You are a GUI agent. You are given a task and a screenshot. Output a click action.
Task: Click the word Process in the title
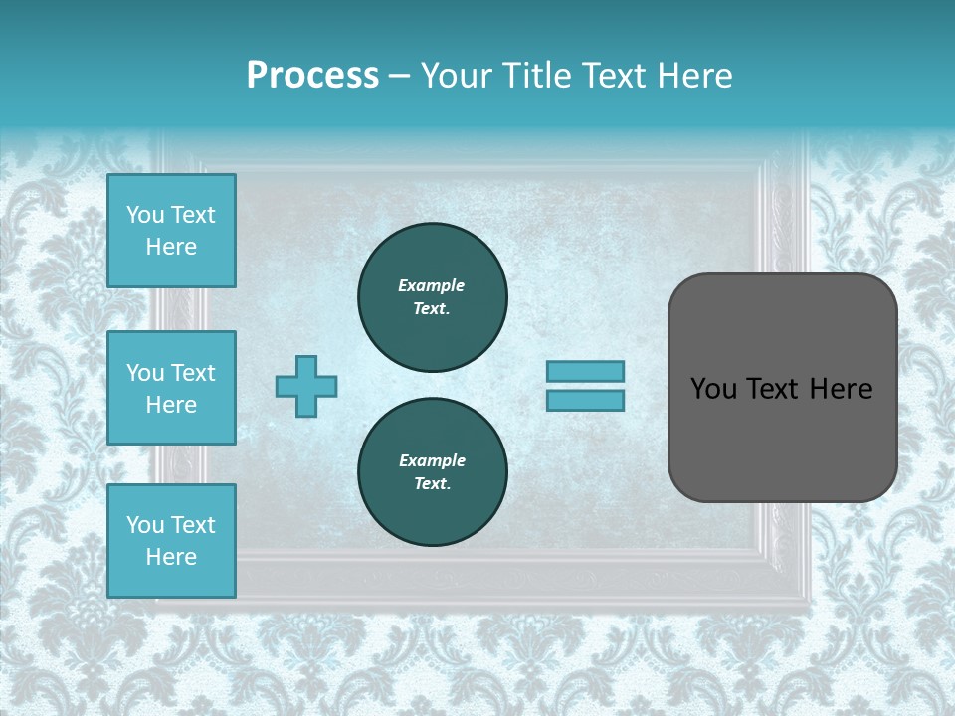312,76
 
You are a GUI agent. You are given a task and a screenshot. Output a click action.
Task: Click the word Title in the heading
538,76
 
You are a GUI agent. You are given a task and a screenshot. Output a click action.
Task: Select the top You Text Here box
171,231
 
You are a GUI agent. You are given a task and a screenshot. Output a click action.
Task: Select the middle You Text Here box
171,388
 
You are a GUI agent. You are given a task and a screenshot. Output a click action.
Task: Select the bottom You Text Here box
171,541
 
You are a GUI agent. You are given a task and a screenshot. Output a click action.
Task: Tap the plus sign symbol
306,386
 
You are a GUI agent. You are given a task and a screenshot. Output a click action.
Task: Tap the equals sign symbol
585,386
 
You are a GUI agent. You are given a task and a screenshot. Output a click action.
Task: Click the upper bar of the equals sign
585,372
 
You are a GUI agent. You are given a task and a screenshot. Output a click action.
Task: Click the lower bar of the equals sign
585,400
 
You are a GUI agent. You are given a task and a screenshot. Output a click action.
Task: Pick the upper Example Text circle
433,296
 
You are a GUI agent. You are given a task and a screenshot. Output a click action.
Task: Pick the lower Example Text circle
433,471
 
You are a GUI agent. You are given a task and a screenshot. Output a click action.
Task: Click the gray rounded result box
782,388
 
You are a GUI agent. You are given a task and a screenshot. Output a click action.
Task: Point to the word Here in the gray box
841,389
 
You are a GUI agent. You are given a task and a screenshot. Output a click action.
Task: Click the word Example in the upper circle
432,285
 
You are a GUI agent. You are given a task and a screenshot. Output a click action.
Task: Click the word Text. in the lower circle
432,483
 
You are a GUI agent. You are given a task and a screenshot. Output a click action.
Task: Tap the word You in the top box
145,215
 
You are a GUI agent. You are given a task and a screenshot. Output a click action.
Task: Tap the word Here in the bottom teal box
171,557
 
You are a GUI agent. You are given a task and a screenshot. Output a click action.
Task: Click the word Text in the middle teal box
193,373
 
